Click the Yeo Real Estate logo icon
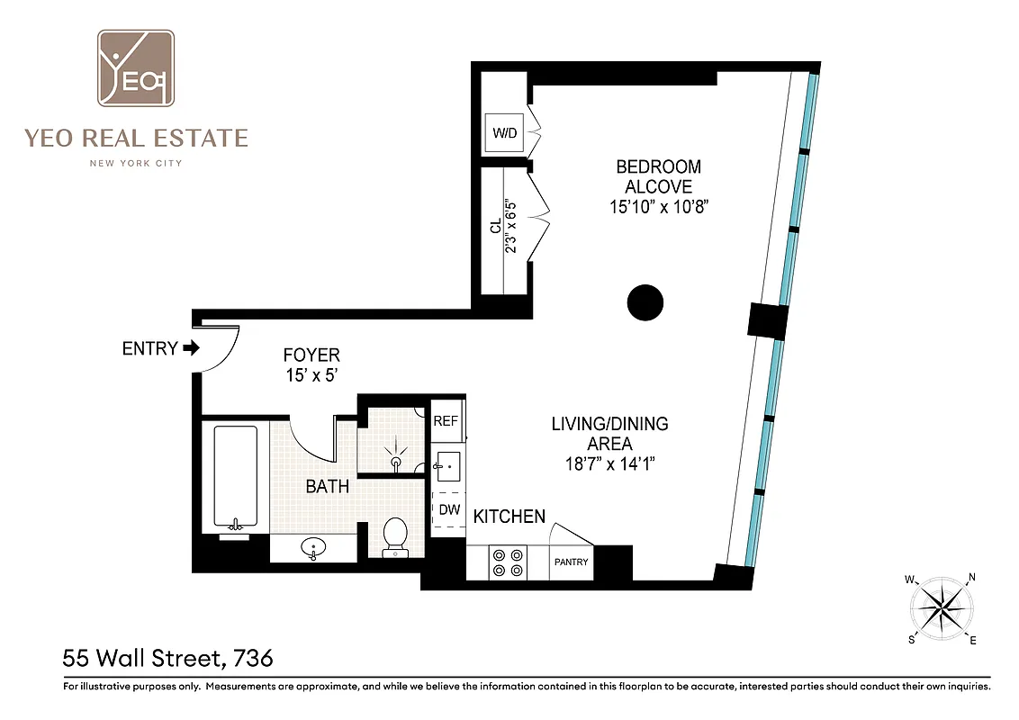[x=136, y=69]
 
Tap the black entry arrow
[x=190, y=348]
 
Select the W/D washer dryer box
[x=504, y=134]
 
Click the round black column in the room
[x=645, y=302]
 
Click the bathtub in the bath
[x=235, y=478]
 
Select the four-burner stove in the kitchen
[x=507, y=562]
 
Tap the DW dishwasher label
[x=448, y=509]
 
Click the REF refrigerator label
[x=446, y=421]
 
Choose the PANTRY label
[x=571, y=562]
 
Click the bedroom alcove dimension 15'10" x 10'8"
[x=658, y=207]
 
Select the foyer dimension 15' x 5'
[x=311, y=375]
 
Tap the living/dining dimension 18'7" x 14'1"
[x=609, y=464]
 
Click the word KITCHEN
[x=509, y=517]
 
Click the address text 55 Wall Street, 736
[x=167, y=658]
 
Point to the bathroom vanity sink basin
[x=312, y=547]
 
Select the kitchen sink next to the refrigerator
[x=447, y=465]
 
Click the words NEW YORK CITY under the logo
[x=135, y=163]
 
